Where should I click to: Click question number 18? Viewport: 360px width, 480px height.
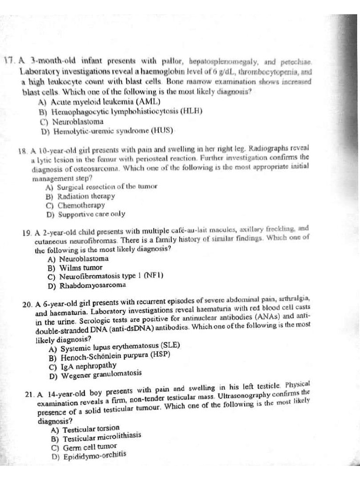pyautogui.click(x=22, y=151)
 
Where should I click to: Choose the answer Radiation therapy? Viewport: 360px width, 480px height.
pyautogui.click(x=80, y=196)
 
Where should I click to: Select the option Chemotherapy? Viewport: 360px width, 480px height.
pyautogui.click(x=75, y=205)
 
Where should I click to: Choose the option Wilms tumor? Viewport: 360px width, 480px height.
pyautogui.click(x=75, y=268)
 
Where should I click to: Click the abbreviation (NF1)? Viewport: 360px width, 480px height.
pyautogui.click(x=154, y=276)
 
